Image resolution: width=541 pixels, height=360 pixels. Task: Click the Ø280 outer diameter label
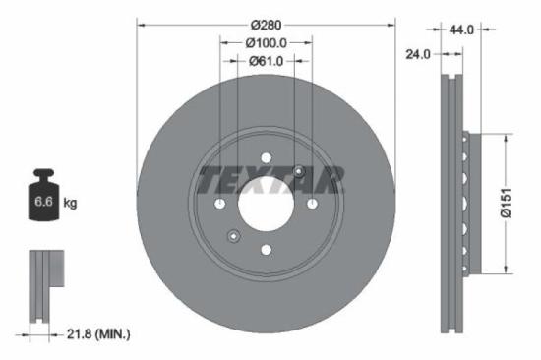(266, 25)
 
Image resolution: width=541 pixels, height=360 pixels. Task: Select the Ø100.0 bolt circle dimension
(266, 43)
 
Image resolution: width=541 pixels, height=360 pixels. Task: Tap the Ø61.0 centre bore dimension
(266, 61)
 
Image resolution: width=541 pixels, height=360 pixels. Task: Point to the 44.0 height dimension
(461, 30)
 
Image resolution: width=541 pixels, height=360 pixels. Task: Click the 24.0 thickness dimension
(418, 54)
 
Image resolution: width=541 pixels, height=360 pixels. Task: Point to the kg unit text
(70, 203)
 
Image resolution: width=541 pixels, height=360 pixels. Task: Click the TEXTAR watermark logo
(271, 179)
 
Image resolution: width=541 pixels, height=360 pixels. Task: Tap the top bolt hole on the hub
(266, 157)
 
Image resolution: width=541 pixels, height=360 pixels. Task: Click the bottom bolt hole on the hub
(266, 250)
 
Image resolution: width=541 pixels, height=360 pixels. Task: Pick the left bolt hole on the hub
(219, 204)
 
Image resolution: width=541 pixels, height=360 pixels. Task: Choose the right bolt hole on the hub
(312, 204)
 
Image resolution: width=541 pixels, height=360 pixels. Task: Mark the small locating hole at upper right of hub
(298, 172)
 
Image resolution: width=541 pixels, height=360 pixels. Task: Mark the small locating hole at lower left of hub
(233, 235)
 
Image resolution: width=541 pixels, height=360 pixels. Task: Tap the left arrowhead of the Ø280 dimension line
(140, 25)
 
